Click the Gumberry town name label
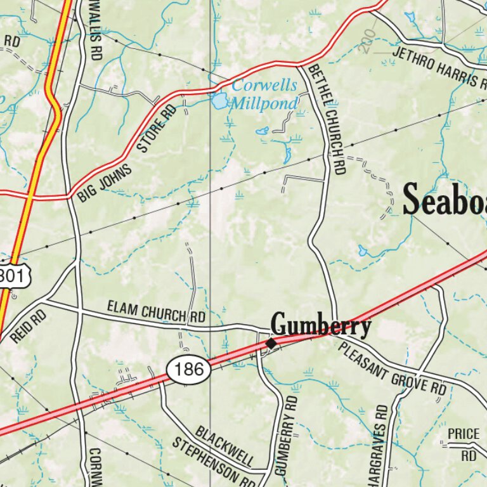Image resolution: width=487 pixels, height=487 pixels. point(321,326)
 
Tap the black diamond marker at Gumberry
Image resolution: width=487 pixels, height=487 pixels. point(271,343)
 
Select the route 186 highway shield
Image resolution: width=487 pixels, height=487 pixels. point(189,369)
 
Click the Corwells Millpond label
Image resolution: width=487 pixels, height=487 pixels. point(263,94)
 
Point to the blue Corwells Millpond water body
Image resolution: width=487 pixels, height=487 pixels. point(219,100)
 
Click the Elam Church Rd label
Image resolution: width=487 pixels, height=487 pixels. point(156,311)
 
